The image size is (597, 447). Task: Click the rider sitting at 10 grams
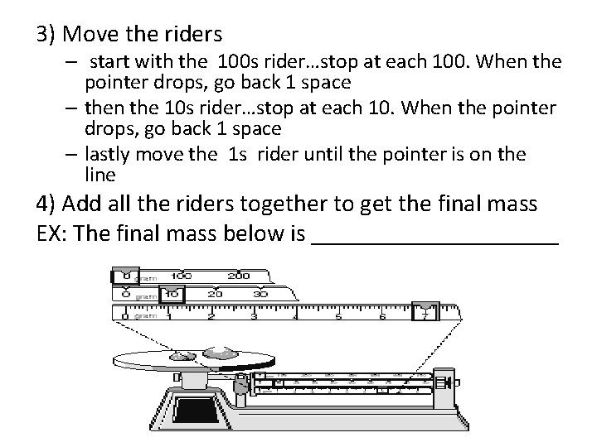pyautogui.click(x=172, y=293)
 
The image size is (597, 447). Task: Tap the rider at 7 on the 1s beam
pyautogui.click(x=425, y=312)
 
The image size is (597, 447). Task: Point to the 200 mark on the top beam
pyautogui.click(x=239, y=276)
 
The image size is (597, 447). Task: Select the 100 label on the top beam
pyautogui.click(x=181, y=276)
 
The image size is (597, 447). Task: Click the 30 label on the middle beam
pyautogui.click(x=260, y=293)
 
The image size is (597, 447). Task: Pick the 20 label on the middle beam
pyautogui.click(x=216, y=293)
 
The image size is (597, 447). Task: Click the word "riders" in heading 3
pyautogui.click(x=193, y=35)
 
